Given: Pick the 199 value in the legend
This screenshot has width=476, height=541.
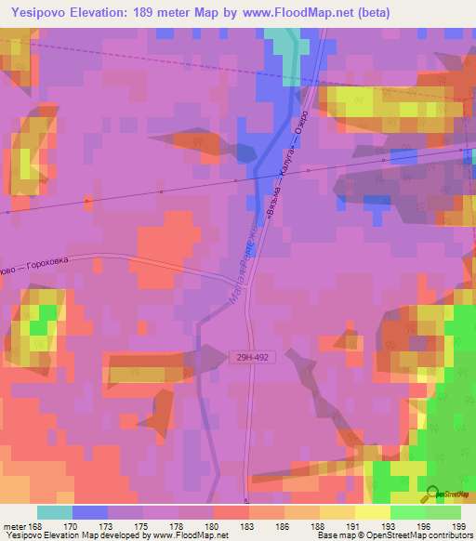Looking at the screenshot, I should pyautogui.click(x=456, y=526).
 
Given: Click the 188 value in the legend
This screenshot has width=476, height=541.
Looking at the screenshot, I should pyautogui.click(x=317, y=526).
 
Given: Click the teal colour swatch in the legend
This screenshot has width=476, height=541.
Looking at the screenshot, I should pyautogui.click(x=55, y=512).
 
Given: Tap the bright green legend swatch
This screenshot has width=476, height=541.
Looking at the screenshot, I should pyautogui.click(x=408, y=512).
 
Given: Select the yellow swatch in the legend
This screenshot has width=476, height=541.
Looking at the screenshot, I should pyautogui.click(x=373, y=512).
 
